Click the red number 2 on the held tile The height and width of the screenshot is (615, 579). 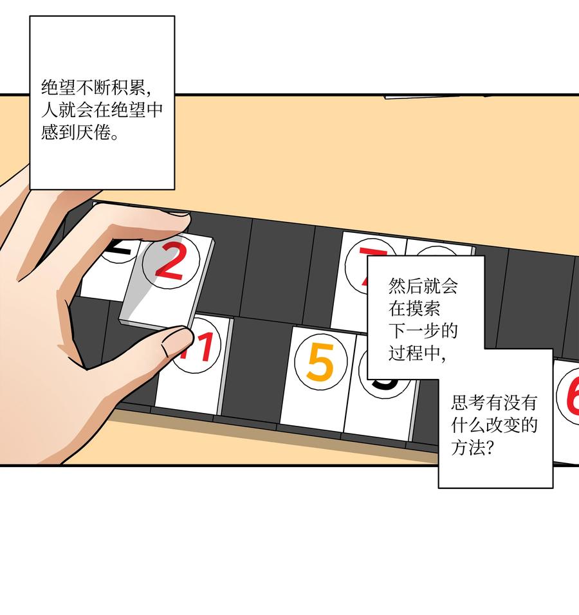[x=169, y=264]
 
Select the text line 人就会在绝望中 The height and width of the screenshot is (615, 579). [x=102, y=109]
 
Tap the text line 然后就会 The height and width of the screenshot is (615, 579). [x=423, y=285]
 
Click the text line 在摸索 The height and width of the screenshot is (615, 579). [x=414, y=308]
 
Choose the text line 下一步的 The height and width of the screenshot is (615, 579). [x=423, y=331]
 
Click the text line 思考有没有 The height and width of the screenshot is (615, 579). [x=494, y=403]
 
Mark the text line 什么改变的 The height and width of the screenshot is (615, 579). [x=494, y=425]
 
